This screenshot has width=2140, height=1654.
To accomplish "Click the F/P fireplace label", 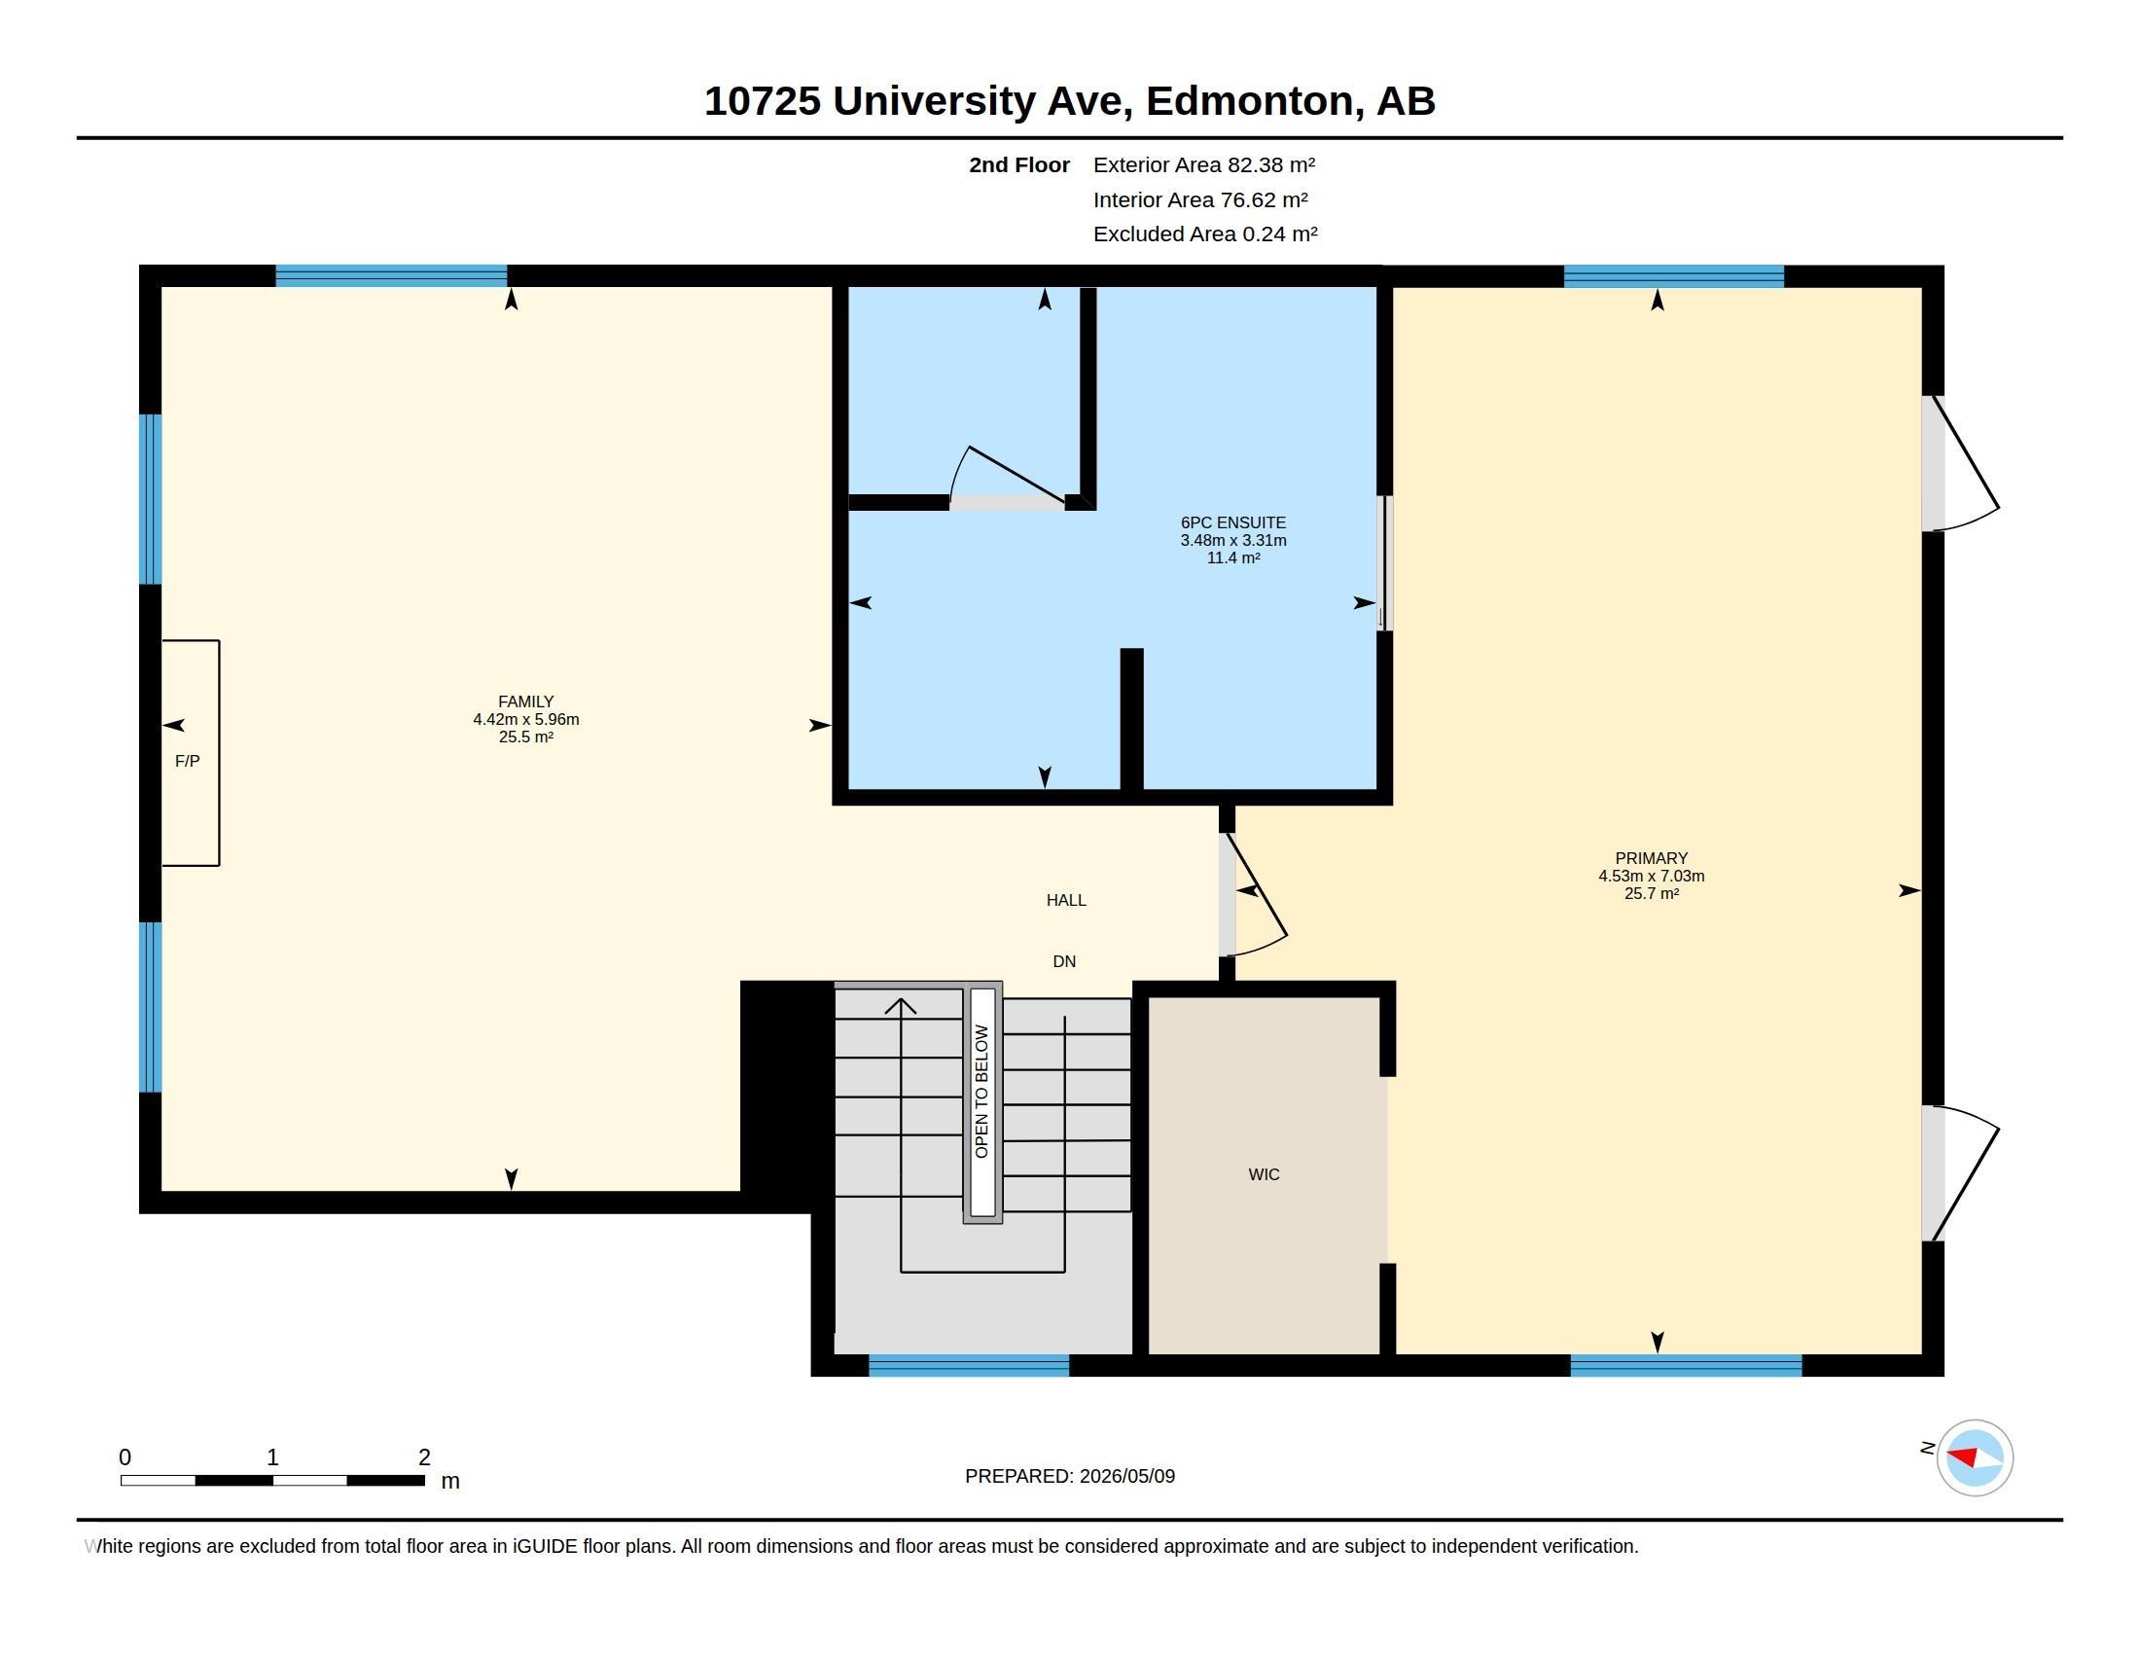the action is coord(187,761).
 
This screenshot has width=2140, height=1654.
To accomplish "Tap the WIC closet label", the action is coord(1264,1174).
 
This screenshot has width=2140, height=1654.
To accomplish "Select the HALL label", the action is coord(1066,900).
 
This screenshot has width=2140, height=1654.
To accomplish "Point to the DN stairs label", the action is coord(1064,961).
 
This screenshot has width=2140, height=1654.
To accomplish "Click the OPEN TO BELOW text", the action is coord(981,1092).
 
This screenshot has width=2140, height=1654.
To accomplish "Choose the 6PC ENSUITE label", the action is coord(1233,523).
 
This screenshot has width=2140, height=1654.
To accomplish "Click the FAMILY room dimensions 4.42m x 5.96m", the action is coord(526,719).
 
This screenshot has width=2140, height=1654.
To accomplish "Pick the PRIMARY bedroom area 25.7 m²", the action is coord(1652,893).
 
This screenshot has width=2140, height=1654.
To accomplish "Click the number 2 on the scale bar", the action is coord(424,1457).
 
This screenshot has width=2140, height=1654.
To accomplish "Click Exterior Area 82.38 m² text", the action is coord(1204,164).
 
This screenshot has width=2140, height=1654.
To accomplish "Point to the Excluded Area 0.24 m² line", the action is coord(1205,234).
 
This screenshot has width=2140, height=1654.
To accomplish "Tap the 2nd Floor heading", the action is coord(1019,164).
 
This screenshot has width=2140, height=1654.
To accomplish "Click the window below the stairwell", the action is coord(969,1365).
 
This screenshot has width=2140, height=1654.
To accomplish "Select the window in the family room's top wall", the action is coord(391,275).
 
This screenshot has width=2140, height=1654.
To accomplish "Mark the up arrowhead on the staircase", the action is coord(901,1006).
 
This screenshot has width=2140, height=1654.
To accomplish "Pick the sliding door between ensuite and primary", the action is coord(1384,563).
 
